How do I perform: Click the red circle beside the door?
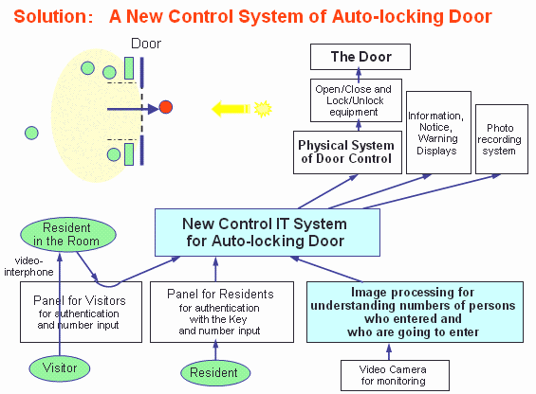166,107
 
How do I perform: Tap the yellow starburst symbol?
263,109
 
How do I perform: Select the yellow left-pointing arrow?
231,109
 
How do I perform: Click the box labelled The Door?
360,57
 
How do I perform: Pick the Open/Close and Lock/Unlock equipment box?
356,100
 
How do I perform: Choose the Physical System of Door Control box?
347,152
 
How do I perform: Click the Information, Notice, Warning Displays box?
438,133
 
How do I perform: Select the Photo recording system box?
502,139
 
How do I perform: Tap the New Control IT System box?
268,232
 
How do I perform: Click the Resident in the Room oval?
68,235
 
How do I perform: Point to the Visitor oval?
60,368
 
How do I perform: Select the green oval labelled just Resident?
215,373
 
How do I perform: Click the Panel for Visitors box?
81,312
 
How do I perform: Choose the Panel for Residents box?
222,312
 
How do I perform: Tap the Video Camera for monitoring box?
395,375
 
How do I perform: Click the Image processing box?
415,312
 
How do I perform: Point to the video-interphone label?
28,266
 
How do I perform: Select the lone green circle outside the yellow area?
31,133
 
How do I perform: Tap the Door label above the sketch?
146,44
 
